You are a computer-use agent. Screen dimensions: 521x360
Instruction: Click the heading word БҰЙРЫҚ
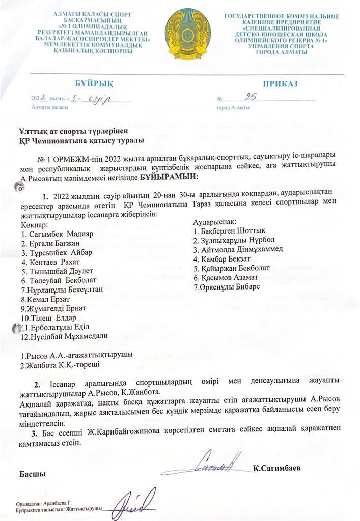point(92,83)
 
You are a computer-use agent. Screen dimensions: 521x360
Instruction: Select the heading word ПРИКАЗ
point(280,83)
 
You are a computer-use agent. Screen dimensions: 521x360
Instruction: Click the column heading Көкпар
point(35,224)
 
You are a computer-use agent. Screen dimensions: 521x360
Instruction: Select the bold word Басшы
point(33,474)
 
